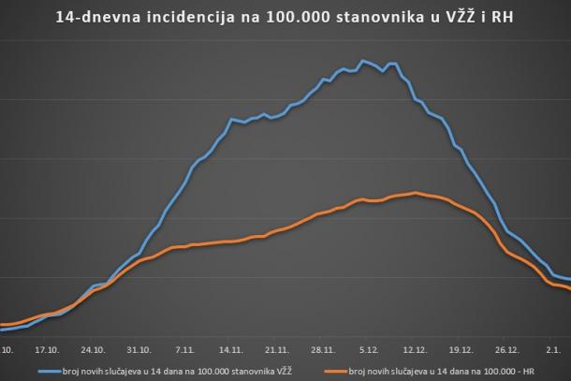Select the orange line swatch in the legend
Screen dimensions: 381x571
click(334, 372)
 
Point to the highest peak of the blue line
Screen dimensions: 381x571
click(362, 61)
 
